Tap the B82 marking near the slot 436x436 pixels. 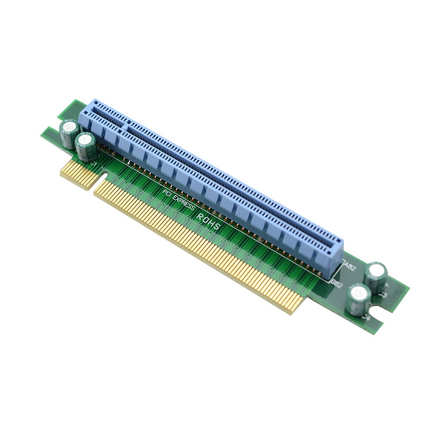click(337, 283)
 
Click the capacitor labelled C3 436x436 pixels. click(376, 275)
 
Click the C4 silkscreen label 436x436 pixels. click(367, 317)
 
